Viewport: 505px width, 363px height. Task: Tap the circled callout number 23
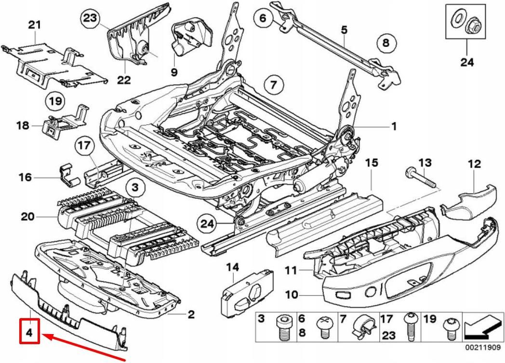pos(90,19)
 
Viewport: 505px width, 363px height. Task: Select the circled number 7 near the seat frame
pos(273,86)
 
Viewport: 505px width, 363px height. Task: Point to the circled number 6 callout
pos(263,18)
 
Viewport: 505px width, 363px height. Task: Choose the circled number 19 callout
pos(55,102)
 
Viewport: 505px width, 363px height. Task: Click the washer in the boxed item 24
pos(456,20)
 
